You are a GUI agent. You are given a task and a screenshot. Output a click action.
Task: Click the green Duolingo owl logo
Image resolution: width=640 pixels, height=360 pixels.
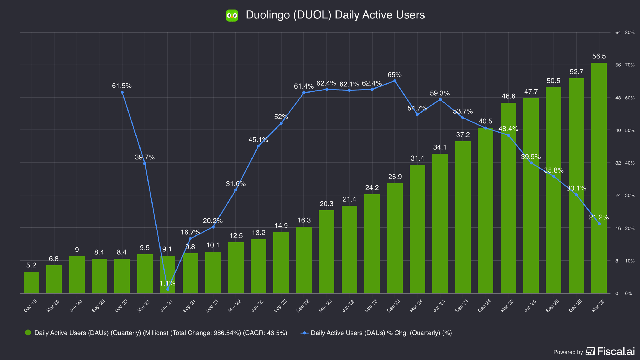click(232, 15)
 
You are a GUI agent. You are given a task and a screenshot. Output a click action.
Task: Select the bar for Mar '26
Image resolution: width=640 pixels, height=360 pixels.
click(599, 178)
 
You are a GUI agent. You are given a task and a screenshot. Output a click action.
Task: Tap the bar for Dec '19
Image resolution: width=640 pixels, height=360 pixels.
click(31, 282)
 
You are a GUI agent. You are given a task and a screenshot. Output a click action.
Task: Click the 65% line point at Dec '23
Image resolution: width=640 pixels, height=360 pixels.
click(395, 81)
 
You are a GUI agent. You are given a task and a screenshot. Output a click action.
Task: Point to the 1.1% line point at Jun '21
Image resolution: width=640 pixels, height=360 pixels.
click(168, 289)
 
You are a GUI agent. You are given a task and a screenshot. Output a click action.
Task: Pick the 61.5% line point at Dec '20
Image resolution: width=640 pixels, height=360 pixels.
click(122, 92)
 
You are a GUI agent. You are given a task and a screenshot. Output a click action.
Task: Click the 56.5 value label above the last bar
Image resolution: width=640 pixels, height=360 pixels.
click(599, 56)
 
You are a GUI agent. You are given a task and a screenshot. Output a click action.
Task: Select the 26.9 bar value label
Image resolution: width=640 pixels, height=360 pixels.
click(395, 177)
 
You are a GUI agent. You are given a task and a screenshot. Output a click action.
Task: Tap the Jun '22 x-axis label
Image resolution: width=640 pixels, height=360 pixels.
click(258, 306)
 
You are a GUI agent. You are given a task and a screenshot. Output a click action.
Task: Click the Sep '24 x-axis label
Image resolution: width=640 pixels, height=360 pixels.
click(462, 306)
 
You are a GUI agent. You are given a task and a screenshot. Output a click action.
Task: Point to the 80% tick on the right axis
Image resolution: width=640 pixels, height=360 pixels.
click(630, 33)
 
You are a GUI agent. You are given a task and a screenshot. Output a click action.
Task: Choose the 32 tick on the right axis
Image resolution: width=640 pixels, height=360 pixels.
click(618, 163)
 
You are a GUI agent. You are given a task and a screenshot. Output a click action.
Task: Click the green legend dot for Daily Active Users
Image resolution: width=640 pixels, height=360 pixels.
click(28, 333)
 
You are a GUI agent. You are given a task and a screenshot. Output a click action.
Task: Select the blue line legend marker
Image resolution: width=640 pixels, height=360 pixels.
click(304, 333)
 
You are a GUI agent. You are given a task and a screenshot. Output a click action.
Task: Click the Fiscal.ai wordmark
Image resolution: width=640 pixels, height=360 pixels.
click(616, 351)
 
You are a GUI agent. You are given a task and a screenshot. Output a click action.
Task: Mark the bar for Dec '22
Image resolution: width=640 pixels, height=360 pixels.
click(304, 260)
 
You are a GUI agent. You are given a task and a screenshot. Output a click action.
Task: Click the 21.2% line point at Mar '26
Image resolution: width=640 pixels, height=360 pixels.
click(599, 224)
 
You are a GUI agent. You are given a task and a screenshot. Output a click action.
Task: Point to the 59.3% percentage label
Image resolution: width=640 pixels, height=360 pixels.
click(440, 93)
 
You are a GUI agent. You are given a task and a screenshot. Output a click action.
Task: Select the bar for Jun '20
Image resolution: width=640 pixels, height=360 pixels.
click(77, 275)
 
